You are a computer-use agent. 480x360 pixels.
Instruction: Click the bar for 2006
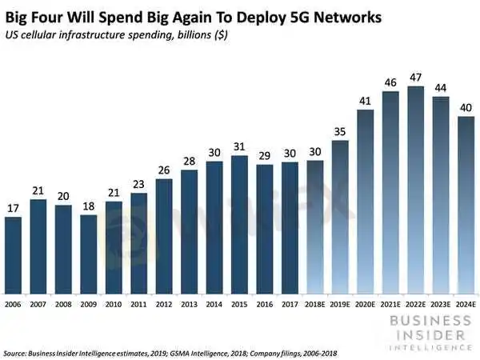14,254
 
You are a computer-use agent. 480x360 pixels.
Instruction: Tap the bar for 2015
239,223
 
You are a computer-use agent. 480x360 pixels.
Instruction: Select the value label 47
416,78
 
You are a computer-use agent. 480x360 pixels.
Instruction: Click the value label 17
14,208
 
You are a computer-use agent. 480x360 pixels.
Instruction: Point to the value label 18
89,206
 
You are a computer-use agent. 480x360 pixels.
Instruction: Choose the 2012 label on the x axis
164,304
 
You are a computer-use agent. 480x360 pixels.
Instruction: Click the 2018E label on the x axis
315,304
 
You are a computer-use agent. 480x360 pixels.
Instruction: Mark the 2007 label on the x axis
38,304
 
